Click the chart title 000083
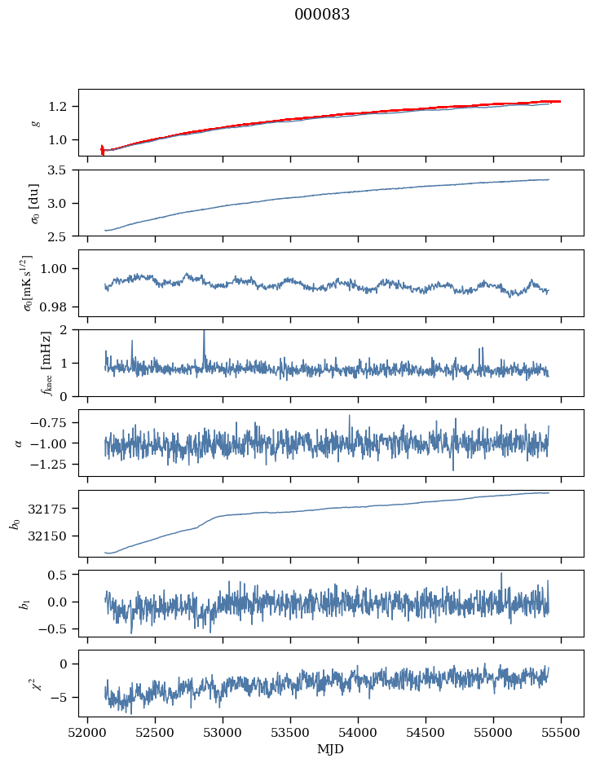tap(321, 14)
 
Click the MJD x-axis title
tap(330, 749)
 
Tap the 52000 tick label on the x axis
tap(87, 733)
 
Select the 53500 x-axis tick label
tap(290, 733)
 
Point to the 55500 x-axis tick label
tap(561, 733)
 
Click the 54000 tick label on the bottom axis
tap(358, 733)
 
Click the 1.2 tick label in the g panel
tap(57, 107)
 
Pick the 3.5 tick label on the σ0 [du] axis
tap(57, 170)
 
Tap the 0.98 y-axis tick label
tap(54, 307)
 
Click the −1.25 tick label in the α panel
tap(48, 464)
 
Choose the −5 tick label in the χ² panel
tap(57, 697)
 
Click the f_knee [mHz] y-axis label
tap(46, 363)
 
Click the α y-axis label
tap(20, 443)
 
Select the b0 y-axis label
tap(16, 523)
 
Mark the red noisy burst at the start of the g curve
tap(102, 150)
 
